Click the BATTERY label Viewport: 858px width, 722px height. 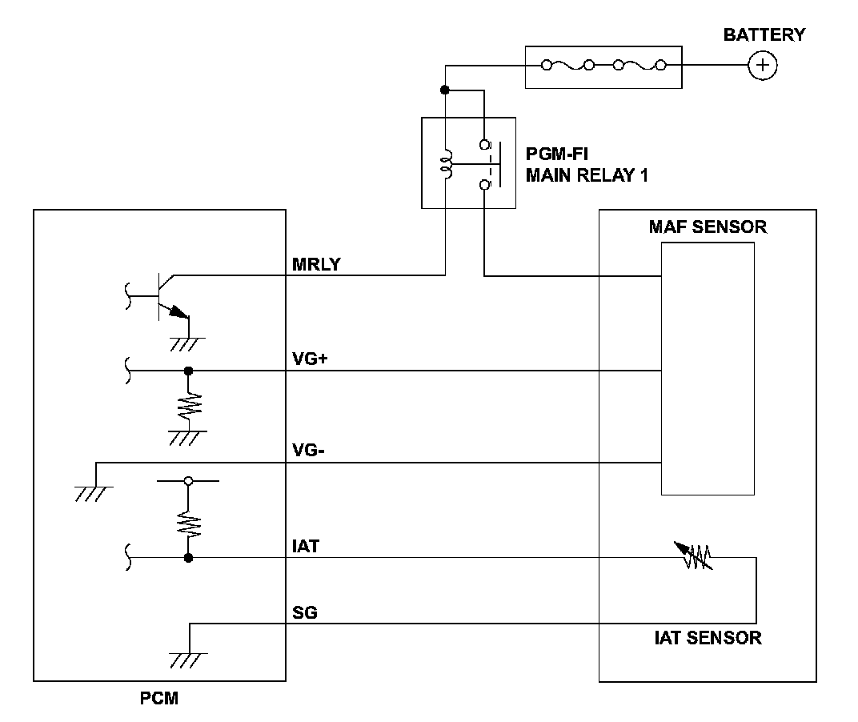pos(764,35)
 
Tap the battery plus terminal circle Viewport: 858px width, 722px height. pos(763,66)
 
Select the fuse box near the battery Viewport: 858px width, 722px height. pos(603,66)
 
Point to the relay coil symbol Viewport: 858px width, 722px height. pos(446,165)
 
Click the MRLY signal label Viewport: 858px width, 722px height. pos(317,264)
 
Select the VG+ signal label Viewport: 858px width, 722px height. pos(311,359)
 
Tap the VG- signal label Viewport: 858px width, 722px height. pos(309,451)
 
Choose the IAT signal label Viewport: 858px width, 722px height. pos(306,546)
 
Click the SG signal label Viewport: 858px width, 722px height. pos(305,613)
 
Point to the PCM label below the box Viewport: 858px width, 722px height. pos(154,699)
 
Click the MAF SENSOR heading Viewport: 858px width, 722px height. pos(707,227)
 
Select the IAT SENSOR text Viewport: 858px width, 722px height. pos(706,639)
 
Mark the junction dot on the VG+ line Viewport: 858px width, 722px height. pos(188,371)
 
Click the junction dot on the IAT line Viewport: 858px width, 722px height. pos(188,557)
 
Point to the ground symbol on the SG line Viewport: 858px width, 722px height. pos(188,659)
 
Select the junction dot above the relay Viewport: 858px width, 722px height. pos(446,90)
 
